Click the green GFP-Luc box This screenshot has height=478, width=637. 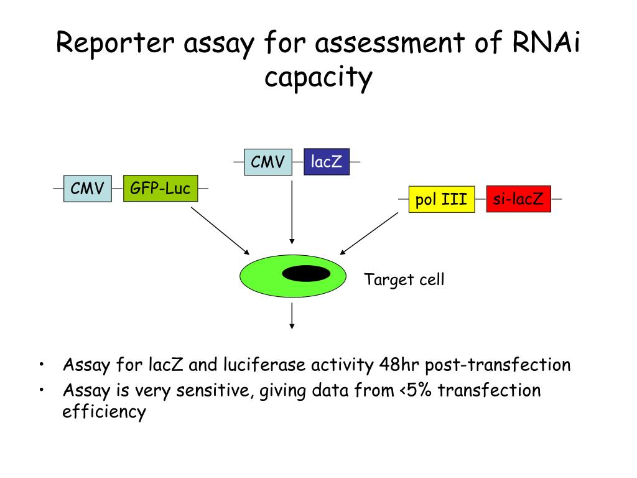tap(160, 188)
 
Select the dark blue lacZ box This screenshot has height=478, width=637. tap(327, 162)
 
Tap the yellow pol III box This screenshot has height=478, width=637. tap(442, 199)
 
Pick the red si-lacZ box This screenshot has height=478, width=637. tap(518, 199)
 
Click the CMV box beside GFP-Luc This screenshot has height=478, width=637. tap(87, 188)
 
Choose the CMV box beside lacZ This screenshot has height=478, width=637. tap(268, 162)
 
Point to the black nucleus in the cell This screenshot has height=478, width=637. tap(306, 274)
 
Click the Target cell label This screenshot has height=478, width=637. tap(404, 280)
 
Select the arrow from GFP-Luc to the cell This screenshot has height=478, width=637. tap(220, 231)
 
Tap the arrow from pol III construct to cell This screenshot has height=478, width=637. tap(369, 233)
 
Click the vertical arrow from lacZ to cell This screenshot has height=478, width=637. tap(292, 212)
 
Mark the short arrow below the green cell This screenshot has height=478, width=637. tap(292, 316)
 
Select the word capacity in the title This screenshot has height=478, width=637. tap(318, 78)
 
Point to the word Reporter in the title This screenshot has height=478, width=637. tap(115, 43)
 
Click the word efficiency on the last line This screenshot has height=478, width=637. tap(104, 412)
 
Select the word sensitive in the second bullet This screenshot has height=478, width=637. tap(213, 391)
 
